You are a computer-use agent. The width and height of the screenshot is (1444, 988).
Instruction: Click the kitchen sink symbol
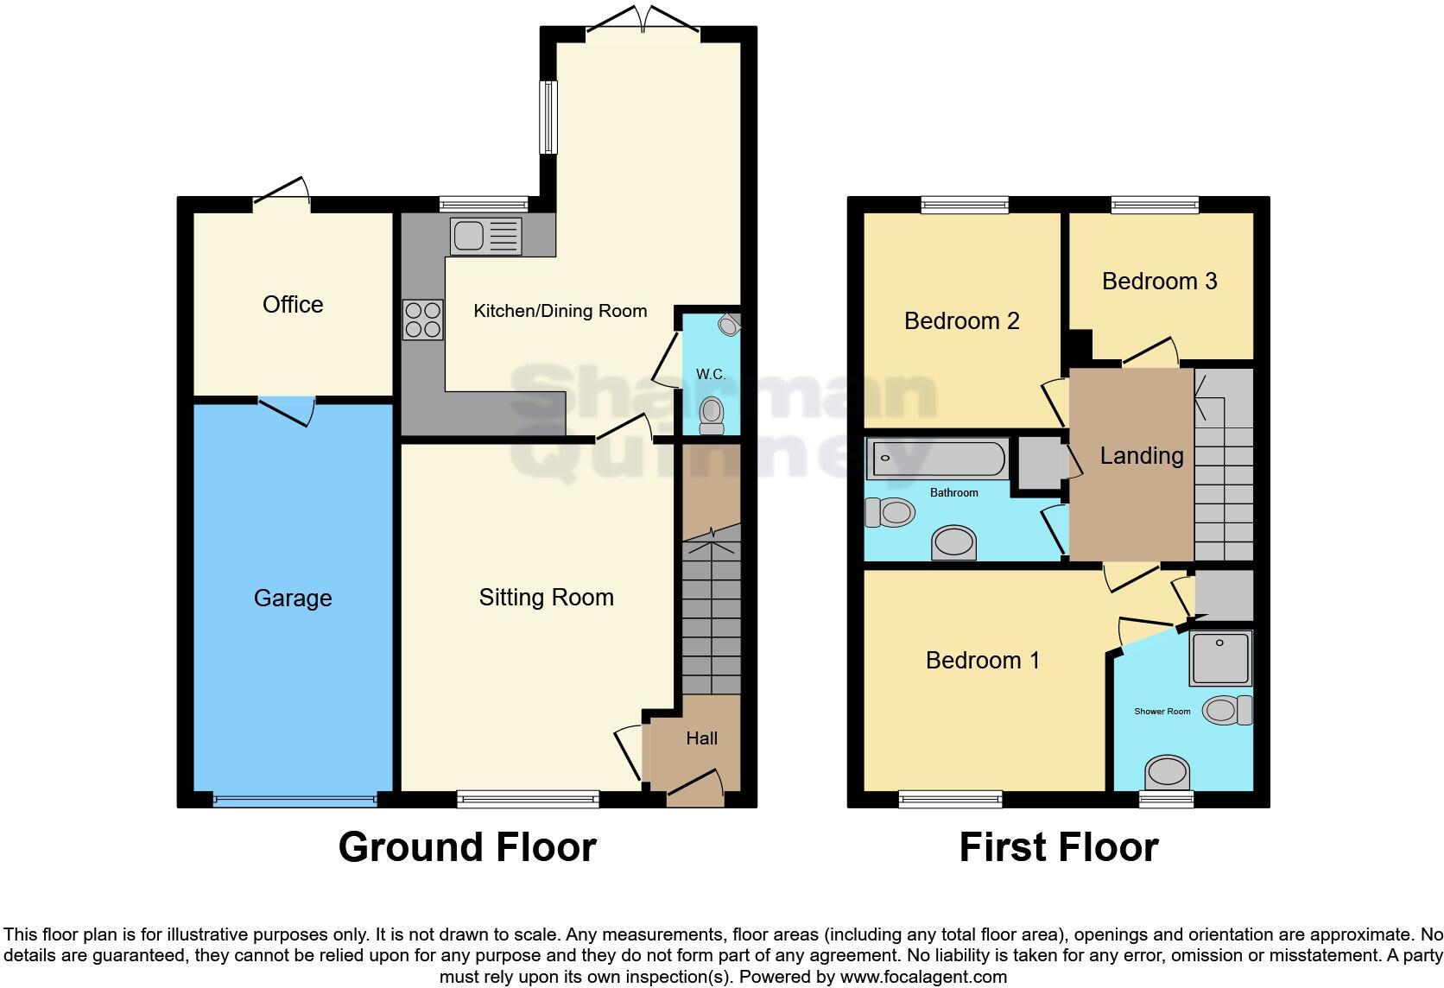485,236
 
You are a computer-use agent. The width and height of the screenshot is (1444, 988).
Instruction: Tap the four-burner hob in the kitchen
422,319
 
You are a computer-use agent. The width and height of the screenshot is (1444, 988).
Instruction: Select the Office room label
293,304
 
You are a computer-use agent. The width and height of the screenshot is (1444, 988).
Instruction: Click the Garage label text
293,598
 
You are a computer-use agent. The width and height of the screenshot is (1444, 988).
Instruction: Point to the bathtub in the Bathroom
937,459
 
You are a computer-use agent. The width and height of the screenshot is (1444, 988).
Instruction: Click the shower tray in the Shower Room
1219,658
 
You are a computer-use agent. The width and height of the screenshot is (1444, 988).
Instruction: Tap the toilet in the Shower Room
1226,710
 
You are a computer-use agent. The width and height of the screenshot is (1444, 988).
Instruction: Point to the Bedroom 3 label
1159,281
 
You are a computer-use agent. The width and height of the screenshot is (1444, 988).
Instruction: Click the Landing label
1141,456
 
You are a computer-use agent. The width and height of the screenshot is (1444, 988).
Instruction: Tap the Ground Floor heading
467,847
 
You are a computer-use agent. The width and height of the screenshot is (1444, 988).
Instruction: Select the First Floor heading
1058,847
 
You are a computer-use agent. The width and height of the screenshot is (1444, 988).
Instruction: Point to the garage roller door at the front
294,800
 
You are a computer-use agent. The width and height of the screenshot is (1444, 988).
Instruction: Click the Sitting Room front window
528,800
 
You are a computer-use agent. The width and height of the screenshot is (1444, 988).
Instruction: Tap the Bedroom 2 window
964,205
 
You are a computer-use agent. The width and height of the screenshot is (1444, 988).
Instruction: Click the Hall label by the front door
701,738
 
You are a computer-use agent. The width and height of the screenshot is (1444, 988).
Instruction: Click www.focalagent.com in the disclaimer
923,978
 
